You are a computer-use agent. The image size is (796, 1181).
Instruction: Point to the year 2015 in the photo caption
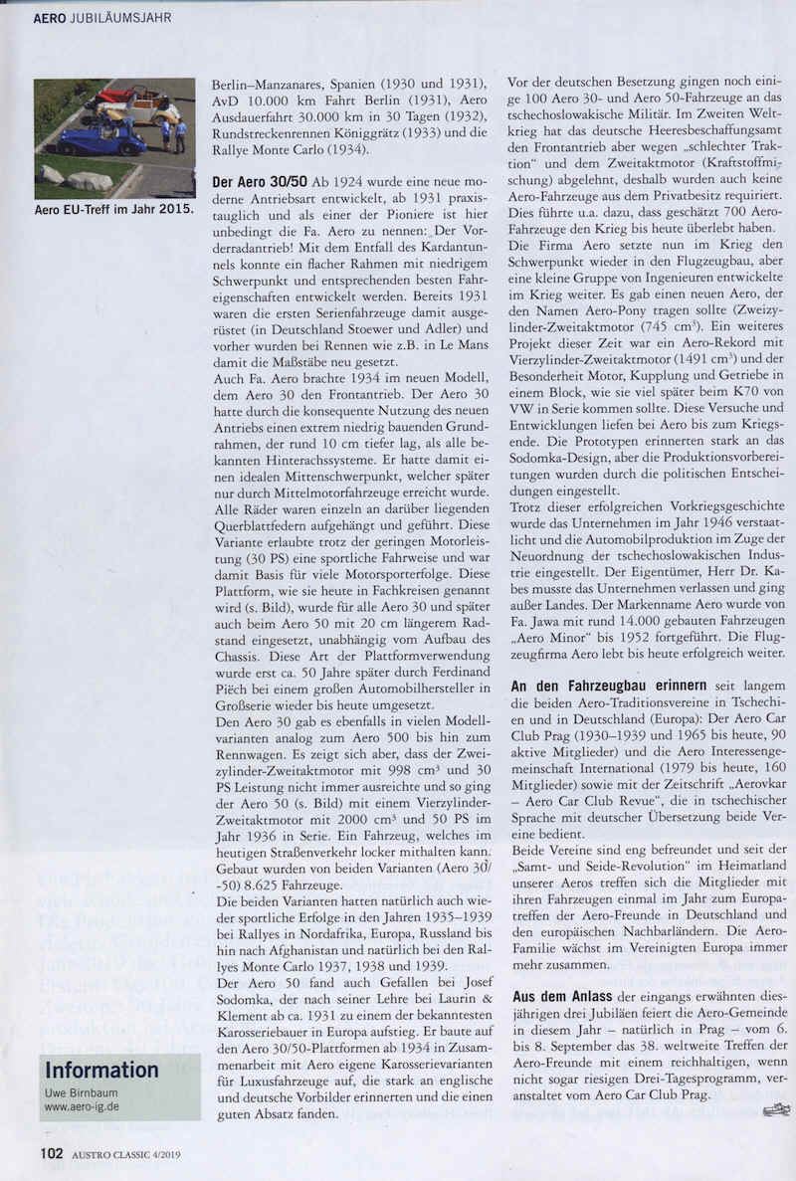173,211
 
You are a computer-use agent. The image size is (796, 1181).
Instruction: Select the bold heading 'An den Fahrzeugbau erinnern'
594,687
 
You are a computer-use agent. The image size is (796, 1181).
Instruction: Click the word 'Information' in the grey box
101,1071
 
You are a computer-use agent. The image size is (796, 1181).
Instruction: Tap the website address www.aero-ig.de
83,1105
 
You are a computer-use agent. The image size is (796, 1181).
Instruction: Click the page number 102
52,1154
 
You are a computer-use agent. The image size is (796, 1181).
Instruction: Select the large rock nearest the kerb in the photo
91,181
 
